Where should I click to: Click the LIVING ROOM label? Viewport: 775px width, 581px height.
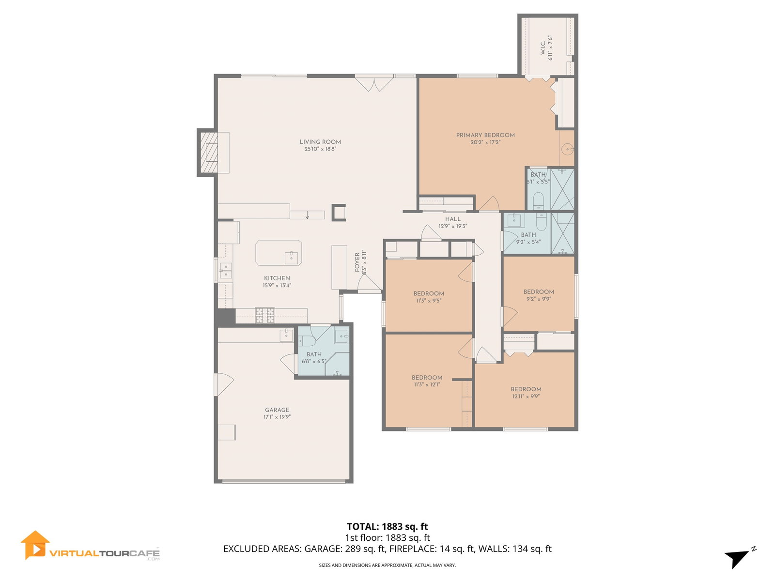tap(320, 142)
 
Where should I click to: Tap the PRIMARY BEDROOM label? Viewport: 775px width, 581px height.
tap(485, 135)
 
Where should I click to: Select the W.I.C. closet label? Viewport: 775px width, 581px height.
tap(542, 47)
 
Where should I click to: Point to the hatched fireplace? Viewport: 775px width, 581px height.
tap(209, 153)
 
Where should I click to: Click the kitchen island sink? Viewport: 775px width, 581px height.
tap(291, 258)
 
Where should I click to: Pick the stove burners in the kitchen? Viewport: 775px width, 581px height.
tap(265, 315)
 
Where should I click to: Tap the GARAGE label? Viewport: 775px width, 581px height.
tap(277, 410)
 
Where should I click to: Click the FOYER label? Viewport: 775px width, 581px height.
tap(357, 262)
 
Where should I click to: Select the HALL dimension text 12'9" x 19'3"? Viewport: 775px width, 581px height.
tap(452, 226)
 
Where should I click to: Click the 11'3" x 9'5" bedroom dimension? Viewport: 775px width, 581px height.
tap(429, 301)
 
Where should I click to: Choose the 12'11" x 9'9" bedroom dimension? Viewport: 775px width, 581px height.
tap(526, 396)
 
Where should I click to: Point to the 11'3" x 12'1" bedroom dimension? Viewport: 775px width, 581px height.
tap(427, 384)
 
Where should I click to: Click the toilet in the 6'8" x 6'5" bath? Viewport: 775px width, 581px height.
tap(307, 341)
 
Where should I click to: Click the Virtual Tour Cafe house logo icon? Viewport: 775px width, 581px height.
tap(35, 545)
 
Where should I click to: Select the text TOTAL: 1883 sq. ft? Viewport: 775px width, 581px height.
tap(387, 526)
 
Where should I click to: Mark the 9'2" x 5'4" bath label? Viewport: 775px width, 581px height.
tap(528, 239)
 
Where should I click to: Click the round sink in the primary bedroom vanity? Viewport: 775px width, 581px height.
tap(567, 149)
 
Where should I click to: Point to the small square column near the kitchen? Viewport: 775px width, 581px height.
tap(338, 213)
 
